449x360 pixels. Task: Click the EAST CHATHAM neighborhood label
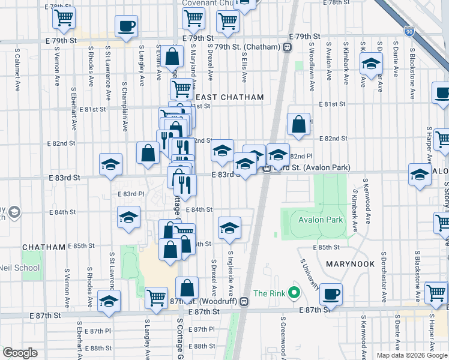point(230,97)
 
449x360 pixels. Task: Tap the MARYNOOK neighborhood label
point(350,264)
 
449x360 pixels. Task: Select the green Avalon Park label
point(321,220)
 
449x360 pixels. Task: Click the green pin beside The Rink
point(294,293)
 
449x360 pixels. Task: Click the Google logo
point(20,353)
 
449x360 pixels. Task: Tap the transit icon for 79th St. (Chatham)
point(288,47)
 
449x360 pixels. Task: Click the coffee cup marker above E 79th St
point(127,26)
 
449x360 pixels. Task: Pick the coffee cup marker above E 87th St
point(331,294)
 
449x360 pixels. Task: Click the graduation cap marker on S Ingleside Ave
point(229,228)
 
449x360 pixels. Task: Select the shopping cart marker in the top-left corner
point(64,18)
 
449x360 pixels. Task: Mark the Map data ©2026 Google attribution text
point(411,355)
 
